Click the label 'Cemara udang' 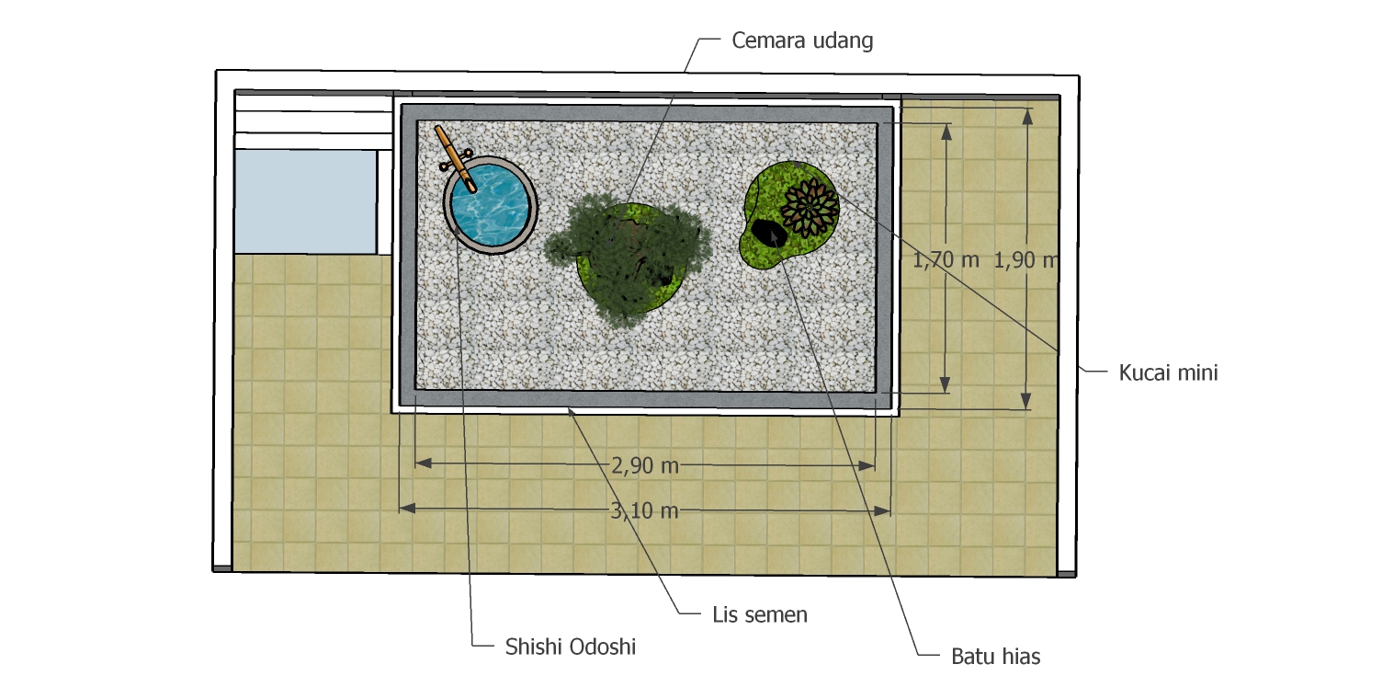(x=802, y=40)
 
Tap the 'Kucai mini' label (x=1168, y=372)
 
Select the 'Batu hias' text (x=995, y=656)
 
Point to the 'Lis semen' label (x=760, y=614)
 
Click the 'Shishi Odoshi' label (x=570, y=647)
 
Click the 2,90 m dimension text (x=645, y=465)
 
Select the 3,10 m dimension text (x=644, y=510)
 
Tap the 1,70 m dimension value (x=946, y=260)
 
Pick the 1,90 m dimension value (x=1025, y=260)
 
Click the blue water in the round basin (x=491, y=205)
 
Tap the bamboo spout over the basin (x=456, y=158)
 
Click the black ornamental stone (x=769, y=234)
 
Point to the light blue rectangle (x=306, y=201)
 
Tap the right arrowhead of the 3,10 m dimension (x=882, y=511)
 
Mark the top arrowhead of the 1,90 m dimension (x=1027, y=117)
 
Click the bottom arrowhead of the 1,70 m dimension (x=946, y=384)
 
